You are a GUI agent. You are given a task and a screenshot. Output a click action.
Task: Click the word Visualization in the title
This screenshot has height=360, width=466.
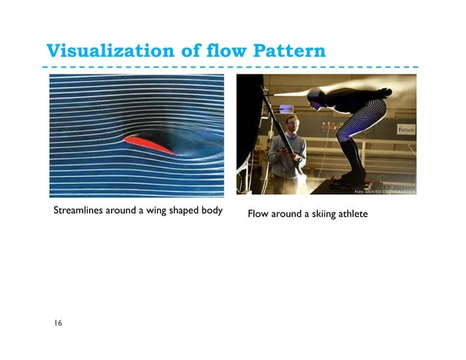[107, 52]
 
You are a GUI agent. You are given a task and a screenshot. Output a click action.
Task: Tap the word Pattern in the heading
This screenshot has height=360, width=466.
[289, 52]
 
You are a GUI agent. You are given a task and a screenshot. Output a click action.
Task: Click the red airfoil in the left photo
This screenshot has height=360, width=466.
[149, 143]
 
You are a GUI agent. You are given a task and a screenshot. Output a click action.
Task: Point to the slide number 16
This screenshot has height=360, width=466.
[57, 323]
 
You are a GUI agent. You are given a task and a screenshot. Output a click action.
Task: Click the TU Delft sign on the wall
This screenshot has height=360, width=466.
[405, 129]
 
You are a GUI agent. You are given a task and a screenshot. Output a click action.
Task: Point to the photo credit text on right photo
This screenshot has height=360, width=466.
[384, 192]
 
